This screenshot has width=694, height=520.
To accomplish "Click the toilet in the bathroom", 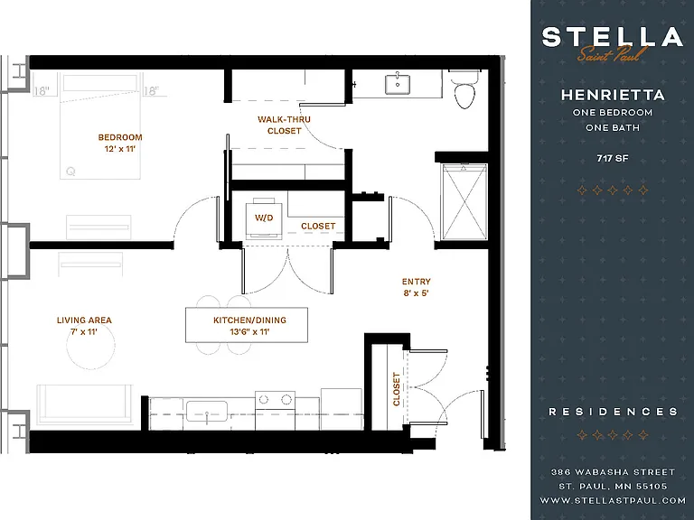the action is [x=464, y=89].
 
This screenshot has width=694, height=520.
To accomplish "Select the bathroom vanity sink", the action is [x=398, y=84].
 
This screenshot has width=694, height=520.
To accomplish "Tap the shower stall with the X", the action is [x=464, y=201].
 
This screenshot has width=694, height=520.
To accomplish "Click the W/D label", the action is [x=264, y=218].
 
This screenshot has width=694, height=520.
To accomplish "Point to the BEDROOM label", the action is [x=120, y=137].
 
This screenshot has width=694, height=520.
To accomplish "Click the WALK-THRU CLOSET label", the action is [x=284, y=125].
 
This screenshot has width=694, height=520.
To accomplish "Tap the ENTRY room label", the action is [x=416, y=282].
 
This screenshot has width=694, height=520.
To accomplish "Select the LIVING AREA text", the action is [x=84, y=320].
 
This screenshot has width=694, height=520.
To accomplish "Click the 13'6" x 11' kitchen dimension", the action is [x=249, y=331].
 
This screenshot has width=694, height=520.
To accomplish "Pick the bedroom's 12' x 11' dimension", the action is [x=120, y=149].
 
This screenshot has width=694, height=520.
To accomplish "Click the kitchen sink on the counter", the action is [x=207, y=412].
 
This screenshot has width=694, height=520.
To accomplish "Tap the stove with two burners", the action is [x=275, y=411].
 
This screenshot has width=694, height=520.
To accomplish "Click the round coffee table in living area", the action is [x=90, y=346].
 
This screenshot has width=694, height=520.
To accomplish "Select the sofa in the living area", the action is [x=85, y=404].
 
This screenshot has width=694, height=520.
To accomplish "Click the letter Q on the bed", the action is [x=70, y=172].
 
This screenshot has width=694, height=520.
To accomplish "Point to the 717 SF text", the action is [x=612, y=158].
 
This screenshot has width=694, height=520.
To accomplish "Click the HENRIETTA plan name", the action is [x=613, y=95].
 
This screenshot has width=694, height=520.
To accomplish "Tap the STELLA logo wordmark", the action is [x=613, y=37].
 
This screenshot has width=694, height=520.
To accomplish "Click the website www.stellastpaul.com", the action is [x=613, y=500].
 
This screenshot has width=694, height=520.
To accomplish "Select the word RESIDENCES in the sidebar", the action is [x=613, y=412].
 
